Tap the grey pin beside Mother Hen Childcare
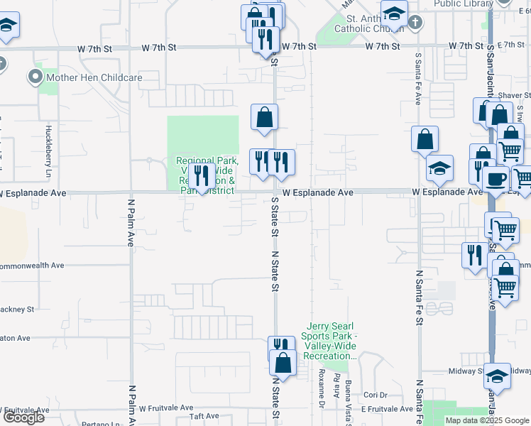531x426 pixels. [35, 77]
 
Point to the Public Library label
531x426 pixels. [463, 4]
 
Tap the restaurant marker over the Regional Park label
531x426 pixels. [202, 177]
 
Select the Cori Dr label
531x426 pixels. [375, 395]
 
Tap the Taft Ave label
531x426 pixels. [204, 417]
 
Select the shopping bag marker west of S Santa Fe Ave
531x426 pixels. [425, 140]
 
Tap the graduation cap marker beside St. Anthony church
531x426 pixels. [394, 13]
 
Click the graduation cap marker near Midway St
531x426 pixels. [498, 377]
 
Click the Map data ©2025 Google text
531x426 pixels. [487, 420]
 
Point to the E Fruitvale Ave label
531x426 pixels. [386, 409]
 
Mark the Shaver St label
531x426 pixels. [514, 95]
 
